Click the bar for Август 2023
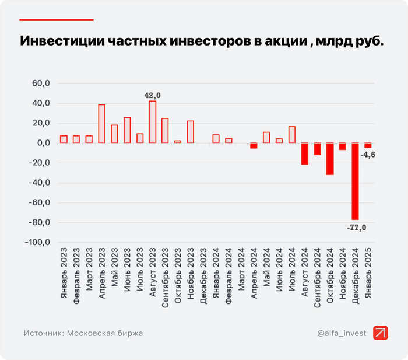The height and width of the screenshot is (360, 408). [153, 122]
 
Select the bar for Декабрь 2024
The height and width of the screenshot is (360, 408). [355, 181]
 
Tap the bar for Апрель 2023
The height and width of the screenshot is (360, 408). [102, 124]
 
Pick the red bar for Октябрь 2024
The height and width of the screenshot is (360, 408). [330, 159]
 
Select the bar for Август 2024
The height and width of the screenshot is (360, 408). [304, 153]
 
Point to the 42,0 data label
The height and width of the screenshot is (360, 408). [153, 95]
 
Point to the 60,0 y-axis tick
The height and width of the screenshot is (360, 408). [41, 83]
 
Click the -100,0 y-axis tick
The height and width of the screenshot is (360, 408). [38, 242]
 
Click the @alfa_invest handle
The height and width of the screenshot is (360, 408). [342, 333]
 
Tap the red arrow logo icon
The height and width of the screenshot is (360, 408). [381, 333]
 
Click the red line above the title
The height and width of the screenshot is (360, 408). [57, 20]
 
